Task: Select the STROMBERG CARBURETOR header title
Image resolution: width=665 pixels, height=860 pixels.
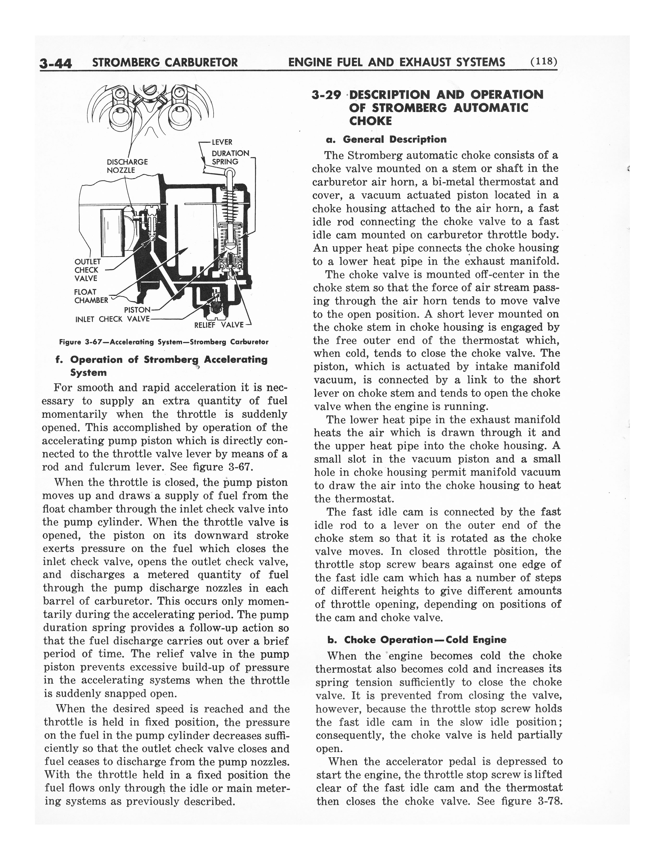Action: pos(164,62)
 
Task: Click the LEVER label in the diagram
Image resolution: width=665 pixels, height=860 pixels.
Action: pos(222,142)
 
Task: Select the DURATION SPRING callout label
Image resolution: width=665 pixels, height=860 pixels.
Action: pos(230,157)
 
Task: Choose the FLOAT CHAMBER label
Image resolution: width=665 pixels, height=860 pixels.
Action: pos(90,296)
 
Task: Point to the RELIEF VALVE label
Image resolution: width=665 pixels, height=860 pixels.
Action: pos(219,325)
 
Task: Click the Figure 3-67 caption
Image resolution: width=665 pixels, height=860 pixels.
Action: pos(164,342)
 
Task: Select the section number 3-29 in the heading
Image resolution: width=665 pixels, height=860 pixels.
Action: pos(326,95)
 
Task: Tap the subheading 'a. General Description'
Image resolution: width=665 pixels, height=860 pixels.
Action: pos(386,139)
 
